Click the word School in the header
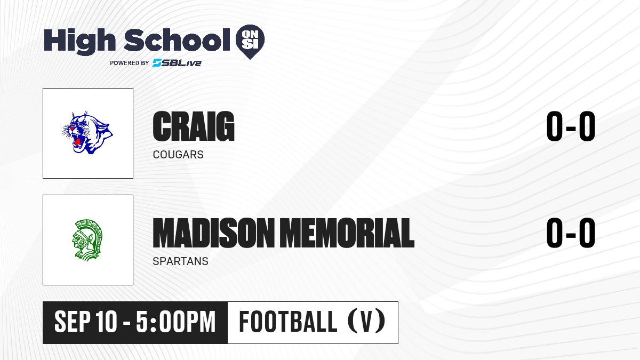click(177, 40)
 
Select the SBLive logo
click(177, 63)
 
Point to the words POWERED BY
click(130, 63)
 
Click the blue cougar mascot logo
click(87, 133)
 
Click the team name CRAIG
click(194, 126)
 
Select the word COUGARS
click(178, 155)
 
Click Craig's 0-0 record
click(571, 126)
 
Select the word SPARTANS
click(181, 261)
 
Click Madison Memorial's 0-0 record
click(571, 233)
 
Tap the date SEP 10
click(86, 322)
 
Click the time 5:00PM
click(175, 322)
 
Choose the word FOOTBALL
click(288, 322)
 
